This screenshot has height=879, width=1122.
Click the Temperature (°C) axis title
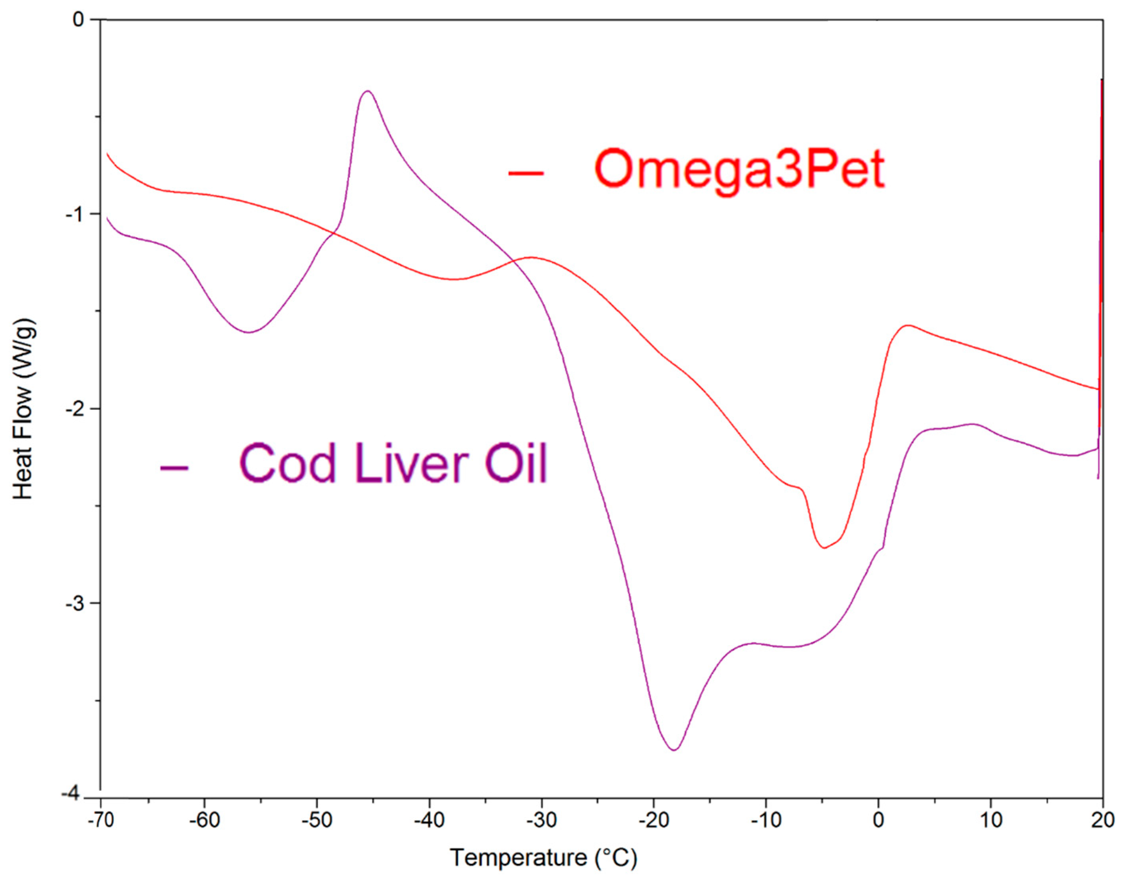[544, 858]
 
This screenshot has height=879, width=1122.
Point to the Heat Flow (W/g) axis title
[24, 409]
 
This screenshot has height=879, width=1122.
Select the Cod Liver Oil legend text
[393, 463]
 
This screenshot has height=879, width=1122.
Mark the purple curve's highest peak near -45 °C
[368, 91]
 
